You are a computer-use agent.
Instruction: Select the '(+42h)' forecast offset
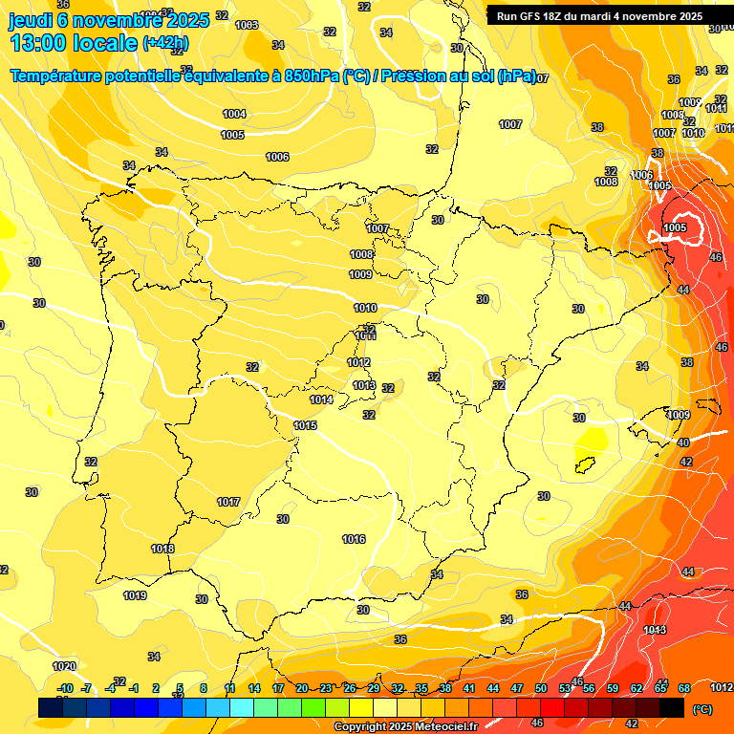coord(165,43)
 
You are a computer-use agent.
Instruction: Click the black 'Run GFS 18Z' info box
coord(600,15)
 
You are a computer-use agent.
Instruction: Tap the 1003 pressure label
coord(247,25)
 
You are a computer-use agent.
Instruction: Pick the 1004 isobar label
coord(234,114)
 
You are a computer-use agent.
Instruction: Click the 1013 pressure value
coord(363,385)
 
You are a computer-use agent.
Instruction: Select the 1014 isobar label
coord(322,399)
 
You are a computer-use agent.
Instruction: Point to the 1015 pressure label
coord(306,424)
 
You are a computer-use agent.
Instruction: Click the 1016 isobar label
coord(354,539)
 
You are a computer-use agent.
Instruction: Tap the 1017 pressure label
coord(228,502)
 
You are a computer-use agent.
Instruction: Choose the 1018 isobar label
coord(162,549)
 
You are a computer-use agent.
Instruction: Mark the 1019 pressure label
coord(135,595)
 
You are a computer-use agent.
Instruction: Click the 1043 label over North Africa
coord(655,630)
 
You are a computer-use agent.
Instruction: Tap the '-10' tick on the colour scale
coord(65,688)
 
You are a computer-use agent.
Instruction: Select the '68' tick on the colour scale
coord(684,688)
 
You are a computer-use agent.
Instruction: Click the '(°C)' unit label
coord(701,709)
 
